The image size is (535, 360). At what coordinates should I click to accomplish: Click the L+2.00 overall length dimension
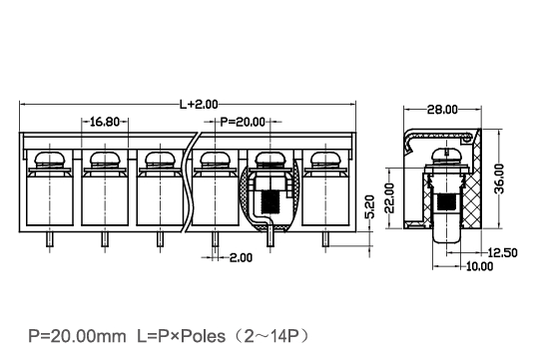pos(199,105)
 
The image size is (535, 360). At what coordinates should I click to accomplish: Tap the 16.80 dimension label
pos(105,122)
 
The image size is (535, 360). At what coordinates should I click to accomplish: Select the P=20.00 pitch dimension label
pos(243,122)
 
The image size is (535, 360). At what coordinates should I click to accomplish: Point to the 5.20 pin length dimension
pos(370,206)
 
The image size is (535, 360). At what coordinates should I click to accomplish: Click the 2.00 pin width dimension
pos(241,257)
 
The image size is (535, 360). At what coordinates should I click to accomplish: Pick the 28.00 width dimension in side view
pos(442,110)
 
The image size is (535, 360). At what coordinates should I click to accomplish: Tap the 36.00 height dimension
pos(499,179)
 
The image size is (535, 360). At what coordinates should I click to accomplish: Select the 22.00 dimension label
pos(389,197)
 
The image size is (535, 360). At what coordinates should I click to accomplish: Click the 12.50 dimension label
pos(502,253)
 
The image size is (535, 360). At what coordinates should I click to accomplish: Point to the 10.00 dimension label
pos(480,266)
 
